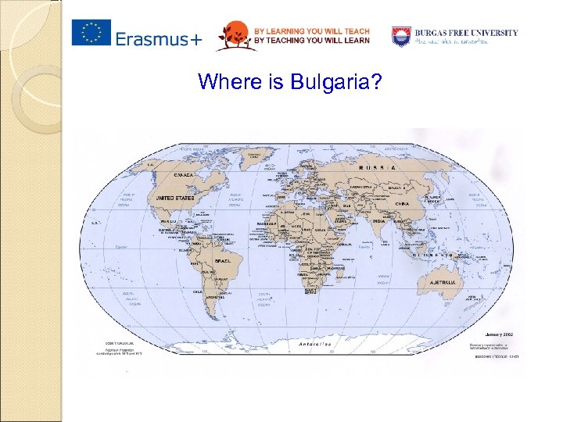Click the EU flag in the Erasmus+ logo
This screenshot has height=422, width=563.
(91, 34)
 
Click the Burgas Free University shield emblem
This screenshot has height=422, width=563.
(401, 35)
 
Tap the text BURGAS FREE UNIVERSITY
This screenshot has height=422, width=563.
(466, 33)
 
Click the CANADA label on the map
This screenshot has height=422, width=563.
(185, 175)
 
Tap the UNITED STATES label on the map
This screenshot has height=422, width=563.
(174, 198)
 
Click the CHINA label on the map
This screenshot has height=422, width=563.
(402, 203)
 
